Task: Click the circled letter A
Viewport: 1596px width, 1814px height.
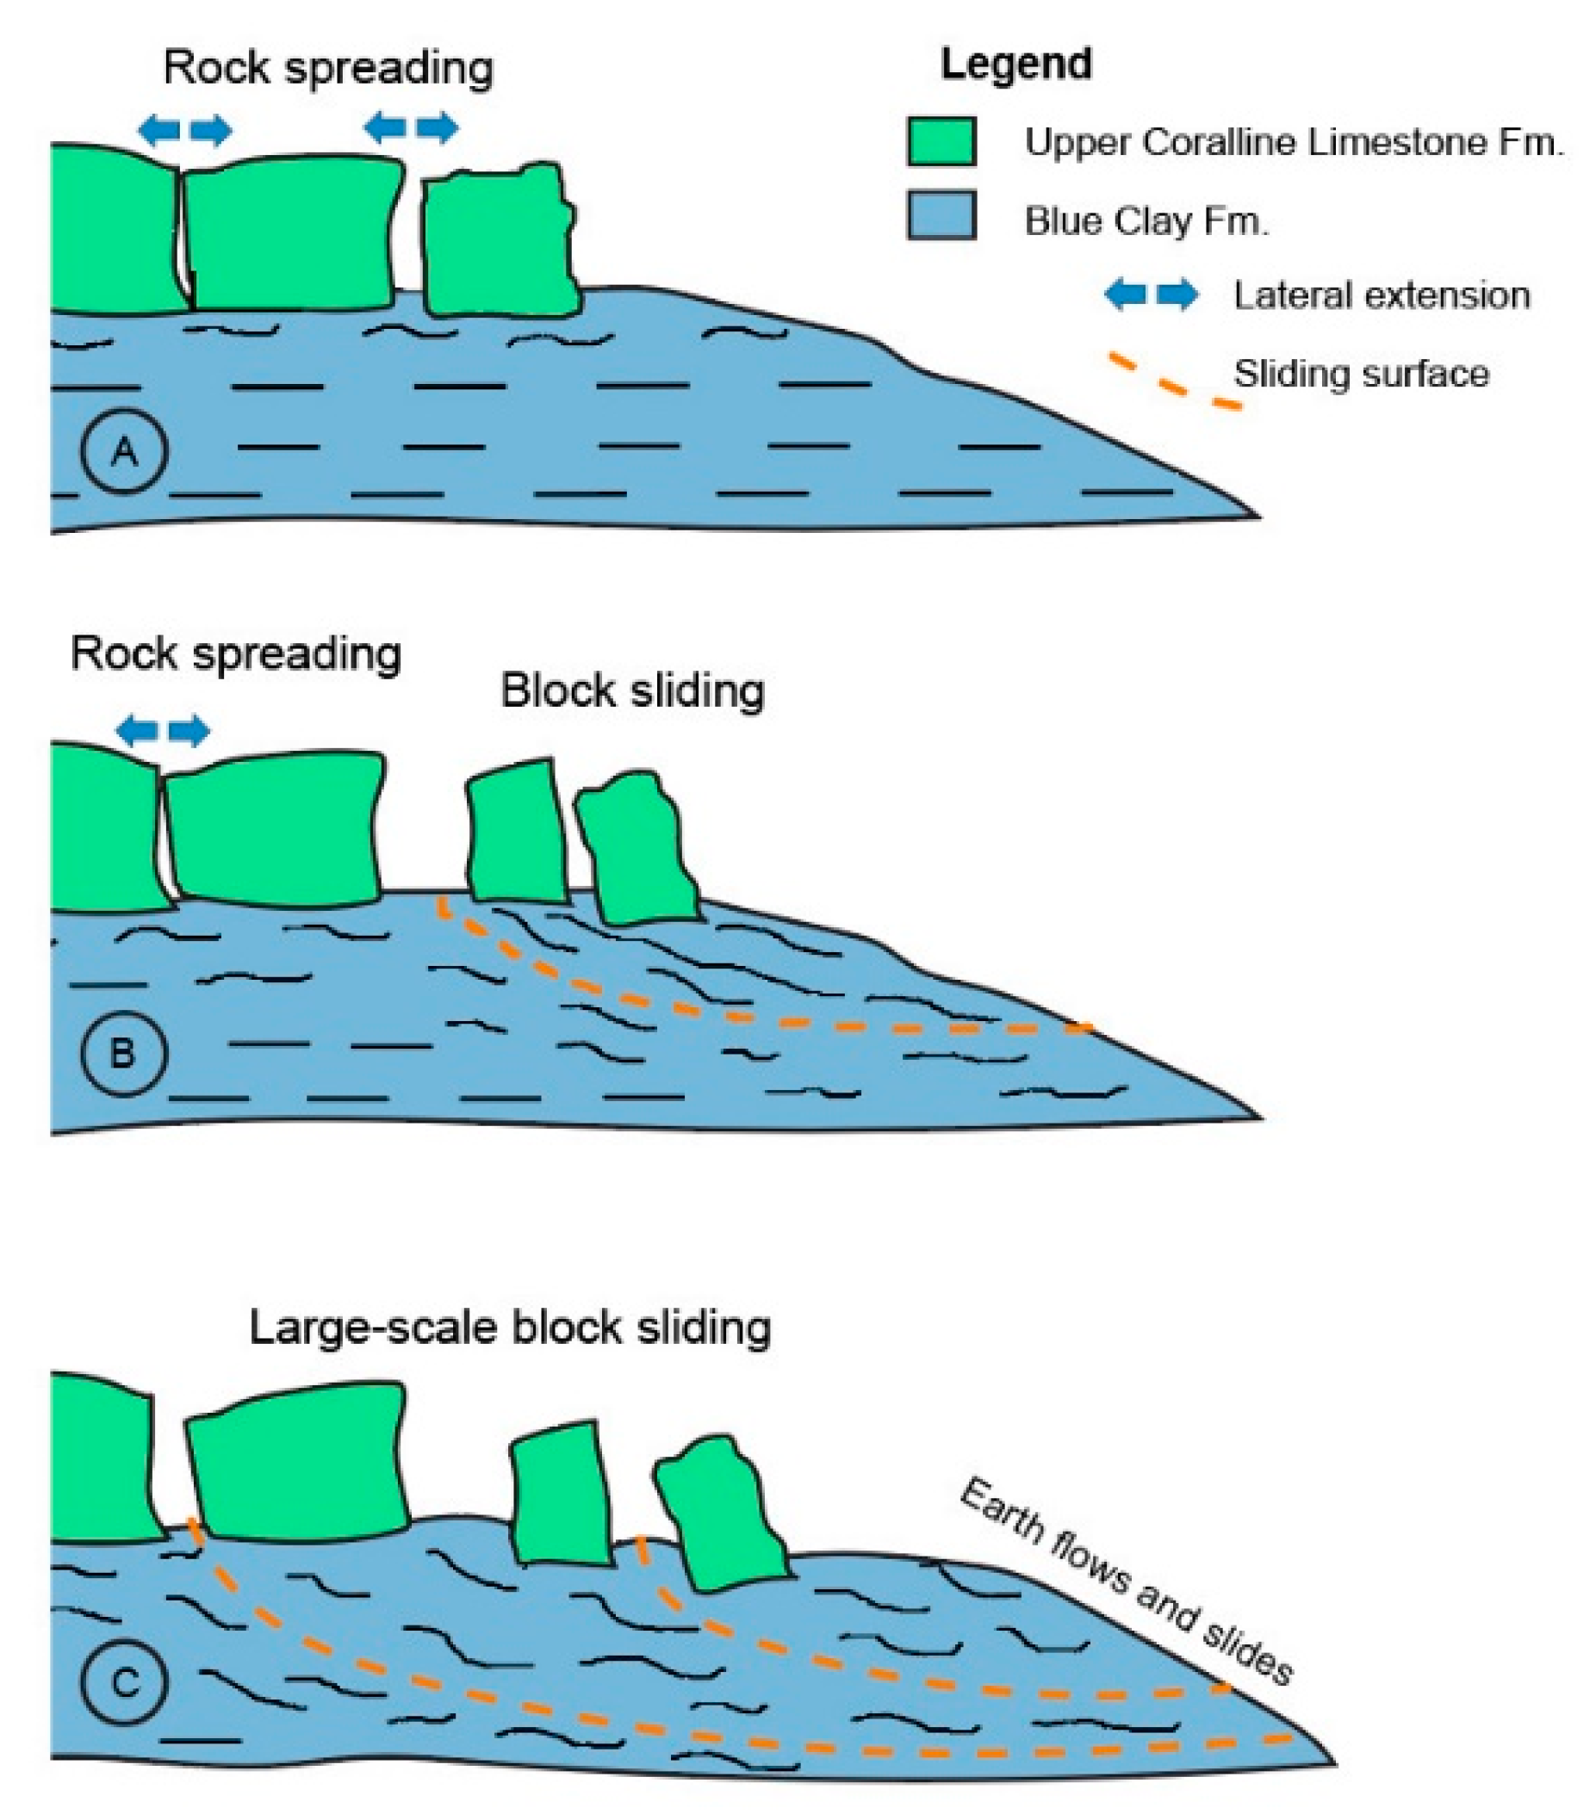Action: pos(124,451)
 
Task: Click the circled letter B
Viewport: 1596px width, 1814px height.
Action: pos(123,1054)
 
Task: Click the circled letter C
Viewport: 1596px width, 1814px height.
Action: pos(124,1682)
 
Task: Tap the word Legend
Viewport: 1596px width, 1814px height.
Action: pos(1015,65)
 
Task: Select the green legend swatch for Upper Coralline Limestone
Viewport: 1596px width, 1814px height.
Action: pos(941,142)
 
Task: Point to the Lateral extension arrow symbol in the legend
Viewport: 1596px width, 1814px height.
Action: pos(1151,294)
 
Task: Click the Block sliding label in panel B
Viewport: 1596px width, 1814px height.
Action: pos(632,690)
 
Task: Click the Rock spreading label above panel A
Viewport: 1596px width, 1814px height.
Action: pos(328,67)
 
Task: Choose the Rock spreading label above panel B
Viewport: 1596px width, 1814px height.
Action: pos(236,653)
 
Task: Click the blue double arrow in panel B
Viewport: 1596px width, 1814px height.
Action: pos(164,729)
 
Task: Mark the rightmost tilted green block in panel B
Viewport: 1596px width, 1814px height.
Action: pos(635,847)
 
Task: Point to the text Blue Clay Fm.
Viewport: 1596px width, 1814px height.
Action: pos(1146,220)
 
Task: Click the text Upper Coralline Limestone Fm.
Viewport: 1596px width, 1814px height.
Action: pos(1294,142)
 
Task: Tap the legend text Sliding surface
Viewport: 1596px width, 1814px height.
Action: pos(1361,374)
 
